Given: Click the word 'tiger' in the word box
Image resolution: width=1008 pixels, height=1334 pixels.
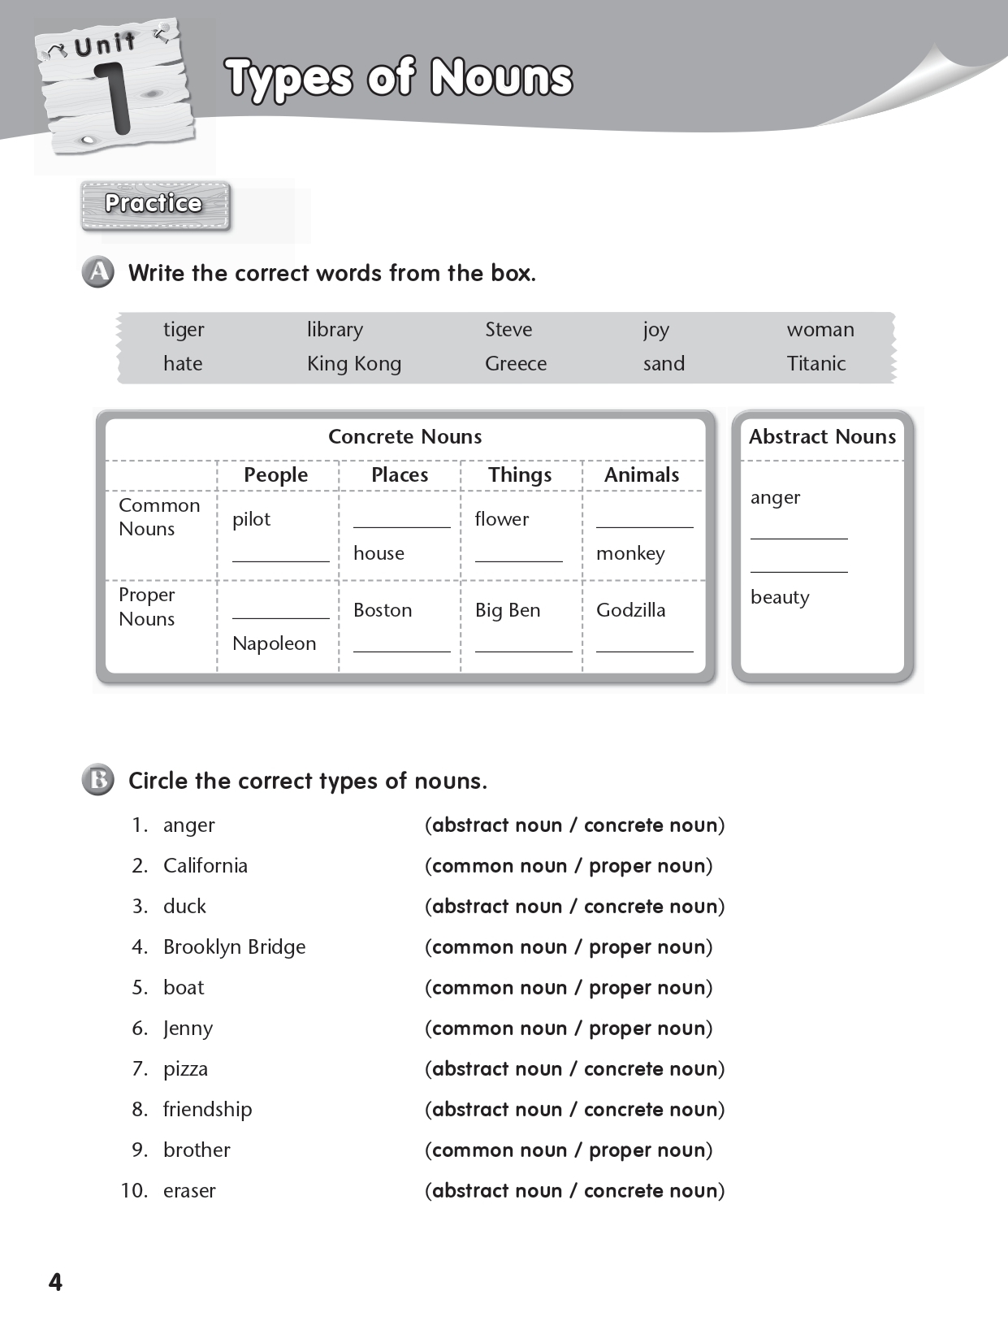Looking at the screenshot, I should [184, 330].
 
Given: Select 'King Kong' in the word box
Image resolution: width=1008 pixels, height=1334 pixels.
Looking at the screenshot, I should [353, 364].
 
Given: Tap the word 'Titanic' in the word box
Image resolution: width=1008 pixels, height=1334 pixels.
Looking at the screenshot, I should [815, 364].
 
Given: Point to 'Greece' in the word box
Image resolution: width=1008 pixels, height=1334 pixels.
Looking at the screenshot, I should [515, 364].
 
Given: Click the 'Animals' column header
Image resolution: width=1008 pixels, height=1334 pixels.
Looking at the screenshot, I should [641, 475].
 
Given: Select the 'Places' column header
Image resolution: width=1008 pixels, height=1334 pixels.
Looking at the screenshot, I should [399, 475].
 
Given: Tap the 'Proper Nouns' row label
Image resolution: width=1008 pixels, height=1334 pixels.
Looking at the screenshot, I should [147, 607].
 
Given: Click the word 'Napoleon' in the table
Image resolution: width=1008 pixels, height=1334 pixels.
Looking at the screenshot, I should [274, 643].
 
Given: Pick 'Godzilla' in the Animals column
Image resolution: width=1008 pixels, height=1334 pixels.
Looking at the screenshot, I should [630, 610].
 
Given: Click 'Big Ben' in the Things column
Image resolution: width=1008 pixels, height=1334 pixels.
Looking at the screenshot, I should [507, 610].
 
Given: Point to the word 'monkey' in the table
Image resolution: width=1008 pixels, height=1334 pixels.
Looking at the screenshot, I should [630, 553].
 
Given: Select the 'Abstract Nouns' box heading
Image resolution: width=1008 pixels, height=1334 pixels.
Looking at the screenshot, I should [822, 437].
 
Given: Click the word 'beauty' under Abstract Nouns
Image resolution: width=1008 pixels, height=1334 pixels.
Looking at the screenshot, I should [780, 597].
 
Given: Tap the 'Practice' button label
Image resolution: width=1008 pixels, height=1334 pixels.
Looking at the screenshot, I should [154, 204].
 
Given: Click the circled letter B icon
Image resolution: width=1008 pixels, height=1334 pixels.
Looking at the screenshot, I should [98, 780].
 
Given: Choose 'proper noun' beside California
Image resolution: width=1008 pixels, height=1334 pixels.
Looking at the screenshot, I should [647, 866].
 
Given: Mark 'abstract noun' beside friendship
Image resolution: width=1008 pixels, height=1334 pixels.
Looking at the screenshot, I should [497, 1110].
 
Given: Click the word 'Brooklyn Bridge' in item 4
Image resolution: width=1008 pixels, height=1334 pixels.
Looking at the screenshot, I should [234, 947].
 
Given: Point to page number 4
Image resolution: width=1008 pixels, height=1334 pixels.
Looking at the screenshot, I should [55, 1282].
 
